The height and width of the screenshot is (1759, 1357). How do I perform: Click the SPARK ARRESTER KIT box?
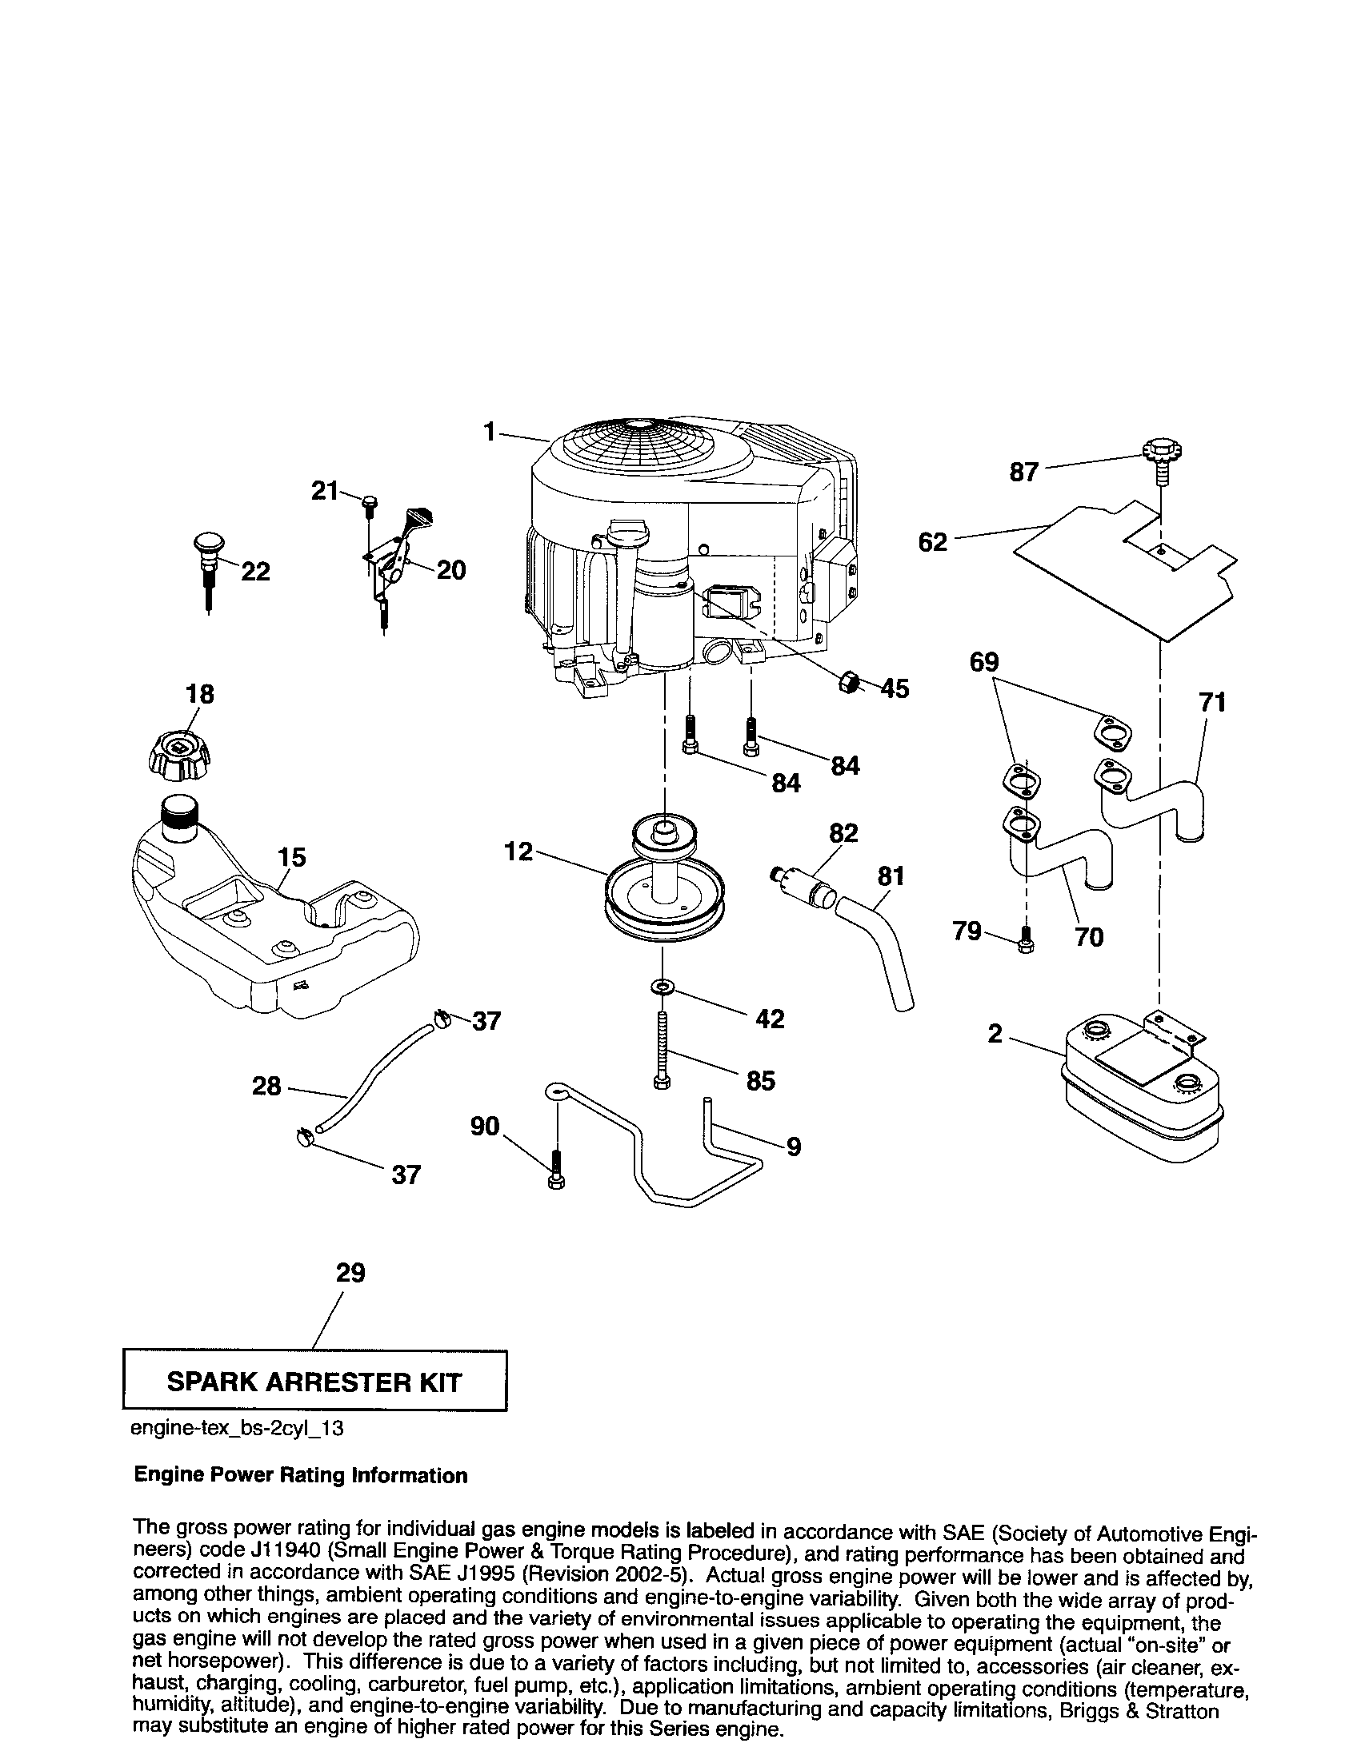point(314,1382)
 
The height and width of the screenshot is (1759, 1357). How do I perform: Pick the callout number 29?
point(350,1273)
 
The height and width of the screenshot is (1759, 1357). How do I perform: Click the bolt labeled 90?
point(556,1168)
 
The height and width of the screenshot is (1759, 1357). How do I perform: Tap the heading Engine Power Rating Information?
point(300,1475)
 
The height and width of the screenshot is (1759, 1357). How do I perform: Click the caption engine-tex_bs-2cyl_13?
point(237,1429)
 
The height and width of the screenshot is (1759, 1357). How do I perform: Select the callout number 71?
point(1212,702)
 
